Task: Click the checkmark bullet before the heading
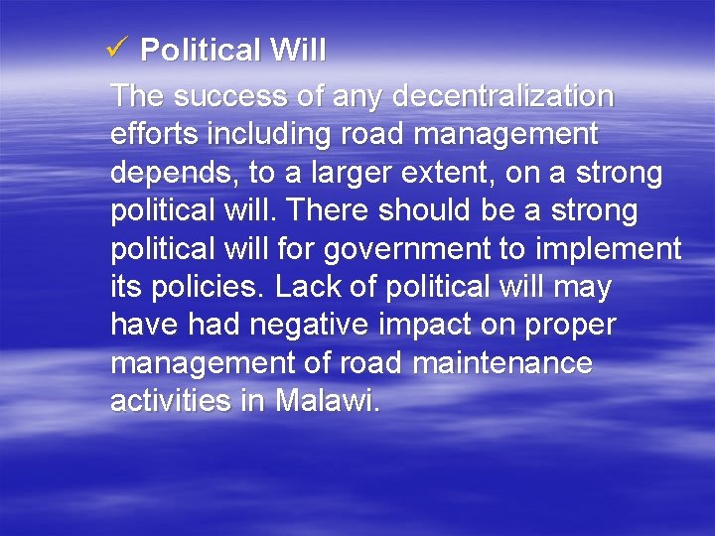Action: pos(117,49)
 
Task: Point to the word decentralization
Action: pos(503,97)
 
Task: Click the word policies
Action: pos(205,288)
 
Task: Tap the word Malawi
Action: pos(327,402)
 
